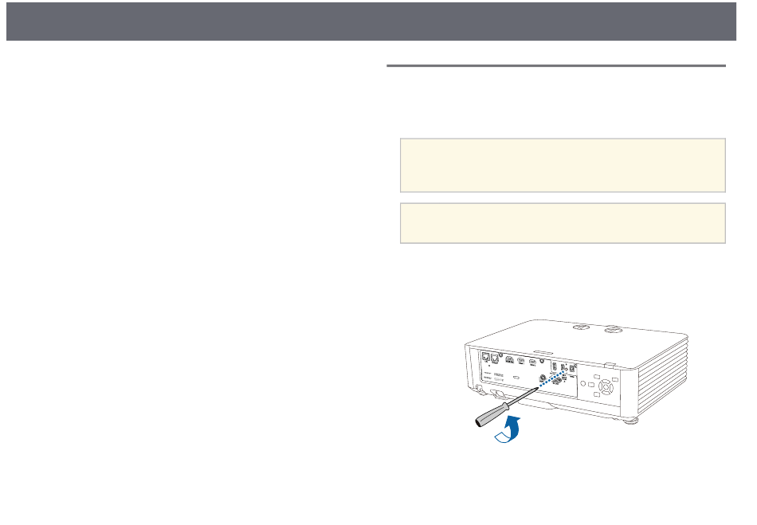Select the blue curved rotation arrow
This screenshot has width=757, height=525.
(x=510, y=430)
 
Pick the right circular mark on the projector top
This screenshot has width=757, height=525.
(x=612, y=327)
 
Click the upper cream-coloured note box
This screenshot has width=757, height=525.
(x=563, y=165)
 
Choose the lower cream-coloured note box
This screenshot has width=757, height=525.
(x=563, y=223)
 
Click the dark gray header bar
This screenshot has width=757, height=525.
(x=378, y=21)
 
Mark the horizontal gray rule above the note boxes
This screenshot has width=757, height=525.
(x=556, y=66)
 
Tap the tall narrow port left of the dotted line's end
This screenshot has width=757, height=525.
(x=556, y=369)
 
